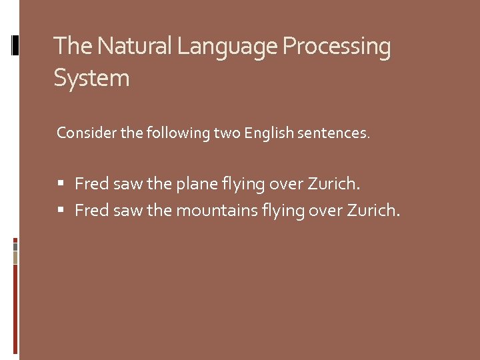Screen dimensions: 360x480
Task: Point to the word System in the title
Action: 91,79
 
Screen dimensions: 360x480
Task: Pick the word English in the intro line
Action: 269,133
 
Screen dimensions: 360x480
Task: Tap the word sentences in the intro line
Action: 334,133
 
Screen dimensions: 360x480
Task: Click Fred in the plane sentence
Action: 92,183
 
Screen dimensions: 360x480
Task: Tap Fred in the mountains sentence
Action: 92,211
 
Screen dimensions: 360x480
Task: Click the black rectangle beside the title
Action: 15,45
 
